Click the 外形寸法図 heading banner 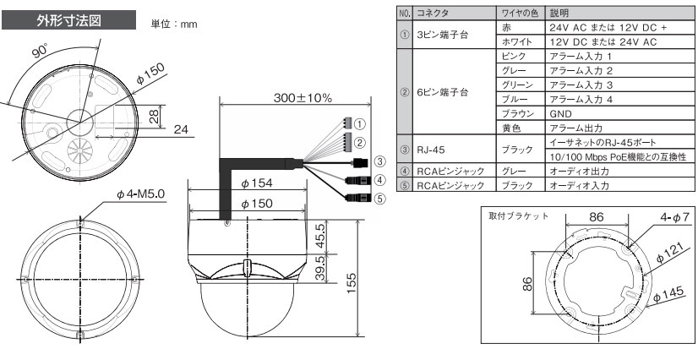point(69,20)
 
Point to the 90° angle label point(41,52)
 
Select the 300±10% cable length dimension point(303,98)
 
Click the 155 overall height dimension point(351,284)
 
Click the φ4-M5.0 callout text point(140,194)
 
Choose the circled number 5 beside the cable point(379,199)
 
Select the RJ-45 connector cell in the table point(455,150)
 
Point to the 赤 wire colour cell point(521,27)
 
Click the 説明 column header point(619,13)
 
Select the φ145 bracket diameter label point(669,296)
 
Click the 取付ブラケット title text point(519,216)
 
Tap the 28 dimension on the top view point(154,117)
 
